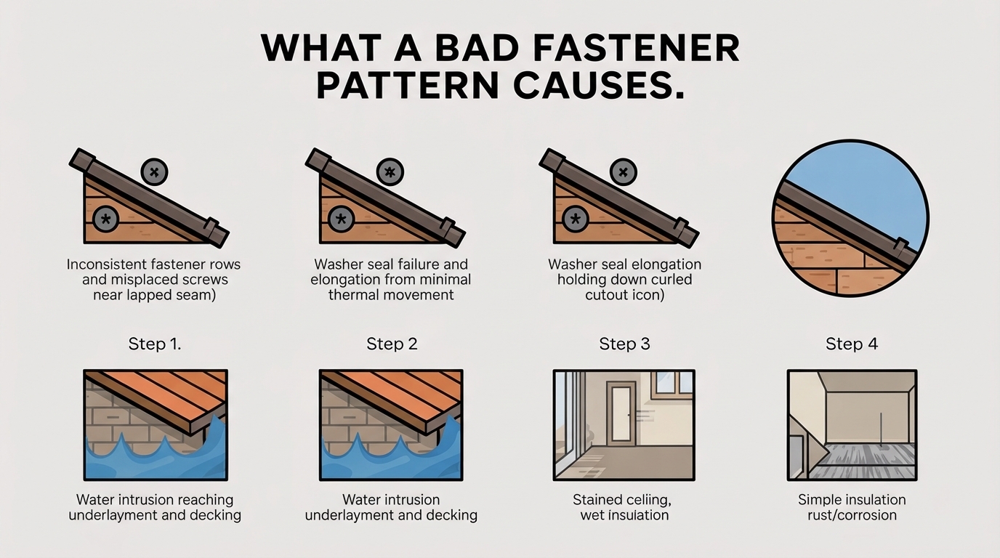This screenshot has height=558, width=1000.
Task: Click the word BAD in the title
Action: pos(476,49)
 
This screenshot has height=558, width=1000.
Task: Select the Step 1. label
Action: pos(155,344)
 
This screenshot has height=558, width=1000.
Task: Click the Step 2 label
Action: pos(392,344)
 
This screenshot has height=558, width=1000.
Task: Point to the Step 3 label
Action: pos(624,344)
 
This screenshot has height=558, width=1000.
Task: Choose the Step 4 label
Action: pos(852,344)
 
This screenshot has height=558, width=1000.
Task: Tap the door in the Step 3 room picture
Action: pos(621,413)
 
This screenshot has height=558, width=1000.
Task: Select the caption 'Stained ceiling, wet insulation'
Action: pos(624,507)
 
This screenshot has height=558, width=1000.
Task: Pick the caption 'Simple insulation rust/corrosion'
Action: pos(852,507)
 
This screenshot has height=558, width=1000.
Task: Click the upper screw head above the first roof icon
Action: pos(154,172)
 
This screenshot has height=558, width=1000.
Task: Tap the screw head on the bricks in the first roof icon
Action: pos(106,218)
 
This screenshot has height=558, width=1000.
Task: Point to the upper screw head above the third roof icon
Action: pos(623,172)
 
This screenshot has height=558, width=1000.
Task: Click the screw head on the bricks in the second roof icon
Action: pos(341,218)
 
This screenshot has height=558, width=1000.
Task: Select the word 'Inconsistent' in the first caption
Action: pos(109,264)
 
